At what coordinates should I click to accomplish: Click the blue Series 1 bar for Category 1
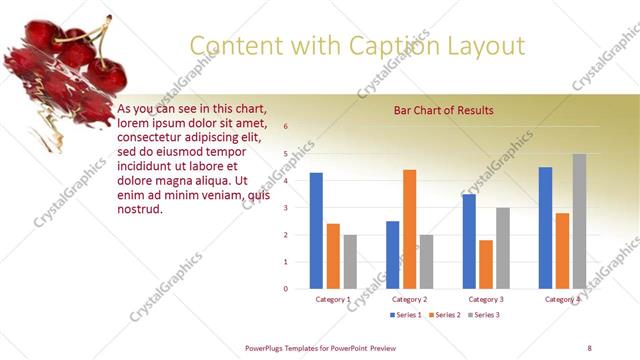tap(316, 231)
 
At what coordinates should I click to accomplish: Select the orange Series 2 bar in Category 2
tap(410, 229)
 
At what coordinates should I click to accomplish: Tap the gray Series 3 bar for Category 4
tap(579, 221)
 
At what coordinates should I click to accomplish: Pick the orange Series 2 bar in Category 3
tap(486, 264)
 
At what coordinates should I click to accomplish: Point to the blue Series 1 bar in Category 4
tap(545, 228)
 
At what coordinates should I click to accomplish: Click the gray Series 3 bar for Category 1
tap(350, 262)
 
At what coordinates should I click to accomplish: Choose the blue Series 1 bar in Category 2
tap(393, 255)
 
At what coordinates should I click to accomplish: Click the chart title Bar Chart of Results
tap(444, 110)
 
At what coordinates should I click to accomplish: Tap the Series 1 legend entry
tap(405, 315)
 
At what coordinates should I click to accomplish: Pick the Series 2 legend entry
tap(444, 315)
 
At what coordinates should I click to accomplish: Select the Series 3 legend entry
tap(483, 315)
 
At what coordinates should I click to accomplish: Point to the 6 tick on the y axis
tap(286, 127)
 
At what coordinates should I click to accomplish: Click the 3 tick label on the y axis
tap(286, 208)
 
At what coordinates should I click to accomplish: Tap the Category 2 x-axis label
tap(410, 299)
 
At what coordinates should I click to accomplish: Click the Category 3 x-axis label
tap(486, 299)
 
